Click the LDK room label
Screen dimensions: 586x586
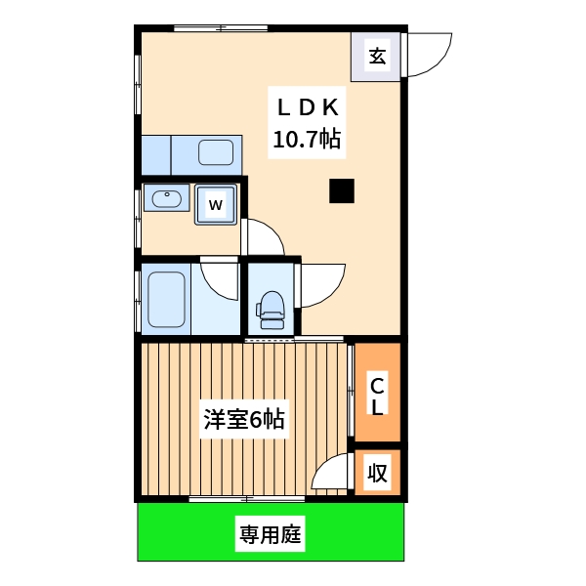tap(307, 105)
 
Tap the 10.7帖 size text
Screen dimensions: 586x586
tap(307, 140)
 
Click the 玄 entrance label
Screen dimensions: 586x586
tap(377, 56)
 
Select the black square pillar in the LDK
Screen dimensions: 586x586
tap(341, 191)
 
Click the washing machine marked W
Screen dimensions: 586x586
tap(217, 205)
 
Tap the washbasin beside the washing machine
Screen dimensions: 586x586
tap(167, 198)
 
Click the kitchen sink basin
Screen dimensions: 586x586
tap(216, 152)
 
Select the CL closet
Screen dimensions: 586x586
tap(377, 394)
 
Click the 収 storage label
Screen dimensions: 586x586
tap(378, 474)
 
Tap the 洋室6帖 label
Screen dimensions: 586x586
tap(244, 421)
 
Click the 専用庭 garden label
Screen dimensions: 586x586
tap(271, 535)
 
